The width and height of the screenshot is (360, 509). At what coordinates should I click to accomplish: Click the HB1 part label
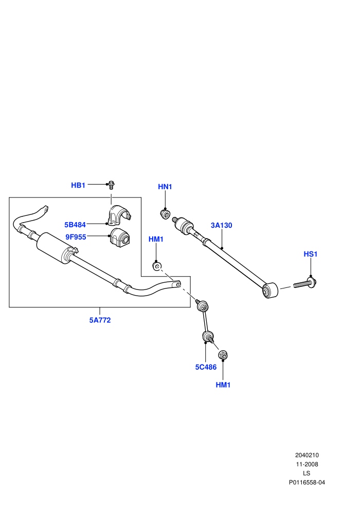coord(78,185)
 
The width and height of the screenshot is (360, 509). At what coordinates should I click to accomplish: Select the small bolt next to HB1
coord(112,185)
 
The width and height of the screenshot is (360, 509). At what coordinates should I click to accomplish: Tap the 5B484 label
coord(75,225)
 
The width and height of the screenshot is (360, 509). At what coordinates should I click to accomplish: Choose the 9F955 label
coord(76,237)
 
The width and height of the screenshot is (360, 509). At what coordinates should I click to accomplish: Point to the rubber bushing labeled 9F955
coord(120,238)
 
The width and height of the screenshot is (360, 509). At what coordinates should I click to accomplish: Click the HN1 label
coord(165,187)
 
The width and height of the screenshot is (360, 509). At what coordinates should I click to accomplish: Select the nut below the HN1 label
coord(166,214)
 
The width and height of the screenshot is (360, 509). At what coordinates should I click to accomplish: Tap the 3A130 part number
coord(221,225)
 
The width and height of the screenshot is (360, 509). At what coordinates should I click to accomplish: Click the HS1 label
coord(310,254)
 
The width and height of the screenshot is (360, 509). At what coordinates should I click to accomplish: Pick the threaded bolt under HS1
coord(305,283)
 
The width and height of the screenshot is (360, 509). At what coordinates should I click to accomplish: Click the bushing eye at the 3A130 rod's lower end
coord(270,290)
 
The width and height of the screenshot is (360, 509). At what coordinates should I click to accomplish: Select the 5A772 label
coord(100,320)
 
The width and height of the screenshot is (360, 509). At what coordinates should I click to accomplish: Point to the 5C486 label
coord(206,367)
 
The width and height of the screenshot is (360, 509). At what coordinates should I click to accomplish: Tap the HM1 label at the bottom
coord(223,385)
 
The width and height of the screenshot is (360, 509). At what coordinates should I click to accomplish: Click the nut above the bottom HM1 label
coord(223,355)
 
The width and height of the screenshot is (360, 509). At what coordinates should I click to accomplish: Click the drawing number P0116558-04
coord(307,482)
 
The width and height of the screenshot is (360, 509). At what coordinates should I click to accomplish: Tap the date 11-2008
coord(307,464)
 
